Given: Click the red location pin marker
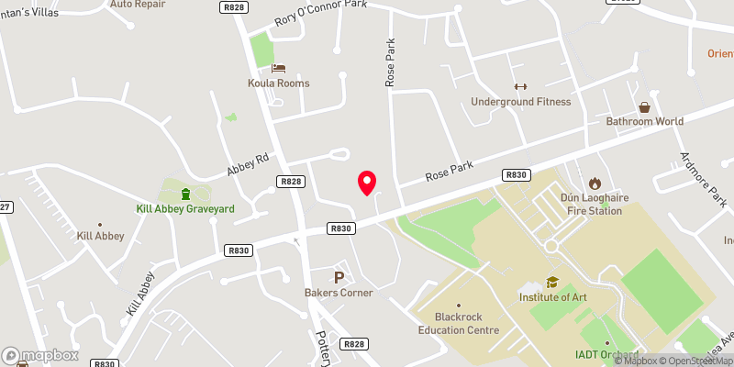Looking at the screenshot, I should coord(367,182).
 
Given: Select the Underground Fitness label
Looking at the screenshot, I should coord(520,102).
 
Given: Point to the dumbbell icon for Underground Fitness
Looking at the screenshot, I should coord(520,85).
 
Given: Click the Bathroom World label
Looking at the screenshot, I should coord(644,121).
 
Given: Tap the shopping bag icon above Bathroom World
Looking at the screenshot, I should coord(644,106).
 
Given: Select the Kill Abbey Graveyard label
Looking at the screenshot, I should coord(186,209).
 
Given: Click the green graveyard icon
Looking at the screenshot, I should coord(186,193).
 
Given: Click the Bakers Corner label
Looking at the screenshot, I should coord(339,293).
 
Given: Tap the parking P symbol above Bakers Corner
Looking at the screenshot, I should coord(339,277).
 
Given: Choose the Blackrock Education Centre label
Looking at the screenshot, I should coord(459,324).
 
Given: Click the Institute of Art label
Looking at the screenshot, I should coord(552,298).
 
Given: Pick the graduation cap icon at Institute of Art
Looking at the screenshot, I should coord(552,283).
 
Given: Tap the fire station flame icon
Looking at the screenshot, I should coord(594,183).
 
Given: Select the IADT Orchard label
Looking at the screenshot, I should coord(606,354).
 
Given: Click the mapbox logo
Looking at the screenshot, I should coord(40,355).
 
